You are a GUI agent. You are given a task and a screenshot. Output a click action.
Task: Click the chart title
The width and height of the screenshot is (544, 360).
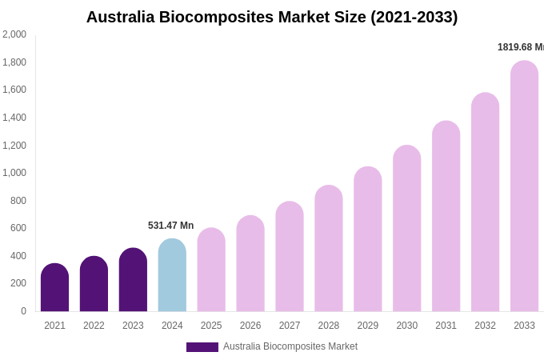coord(272,17)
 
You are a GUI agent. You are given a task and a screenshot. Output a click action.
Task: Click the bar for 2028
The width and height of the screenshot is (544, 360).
coord(329,249)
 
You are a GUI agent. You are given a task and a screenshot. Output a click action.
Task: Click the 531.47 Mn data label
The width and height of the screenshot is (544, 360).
coord(170,226)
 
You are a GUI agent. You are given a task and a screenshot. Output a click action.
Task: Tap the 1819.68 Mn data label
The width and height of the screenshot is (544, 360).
coord(520,47)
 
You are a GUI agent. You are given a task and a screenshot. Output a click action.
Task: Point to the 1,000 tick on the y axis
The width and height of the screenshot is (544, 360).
coord(14,173)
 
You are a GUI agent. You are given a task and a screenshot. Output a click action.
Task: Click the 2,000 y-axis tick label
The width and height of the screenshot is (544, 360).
coord(14,34)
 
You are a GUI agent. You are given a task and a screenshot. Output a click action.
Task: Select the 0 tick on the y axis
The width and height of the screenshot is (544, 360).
coord(23,311)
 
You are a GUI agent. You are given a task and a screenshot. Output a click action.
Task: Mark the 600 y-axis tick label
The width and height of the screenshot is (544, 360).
coord(18,228)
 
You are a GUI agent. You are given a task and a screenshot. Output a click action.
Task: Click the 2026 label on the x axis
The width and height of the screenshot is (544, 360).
coord(250,326)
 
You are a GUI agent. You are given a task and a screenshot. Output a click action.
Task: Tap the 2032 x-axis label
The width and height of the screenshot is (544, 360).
coord(485,326)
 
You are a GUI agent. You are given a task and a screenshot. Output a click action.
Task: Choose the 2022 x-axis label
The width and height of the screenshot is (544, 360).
coord(94,326)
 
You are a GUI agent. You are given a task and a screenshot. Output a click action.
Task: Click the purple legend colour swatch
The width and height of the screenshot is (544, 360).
coord(202,347)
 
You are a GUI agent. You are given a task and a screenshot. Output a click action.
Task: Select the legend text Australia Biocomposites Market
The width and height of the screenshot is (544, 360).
coord(290,346)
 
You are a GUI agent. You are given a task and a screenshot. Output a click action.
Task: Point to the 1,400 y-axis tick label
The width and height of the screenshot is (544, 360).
coord(14,118)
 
